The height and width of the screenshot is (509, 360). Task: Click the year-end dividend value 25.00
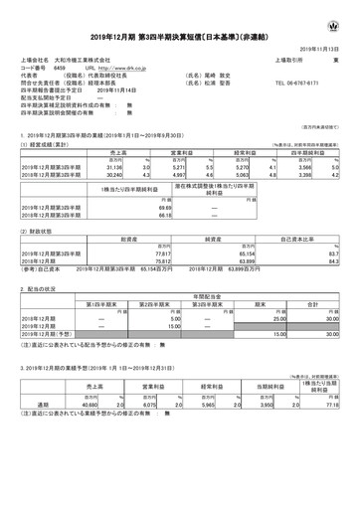(262, 343)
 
